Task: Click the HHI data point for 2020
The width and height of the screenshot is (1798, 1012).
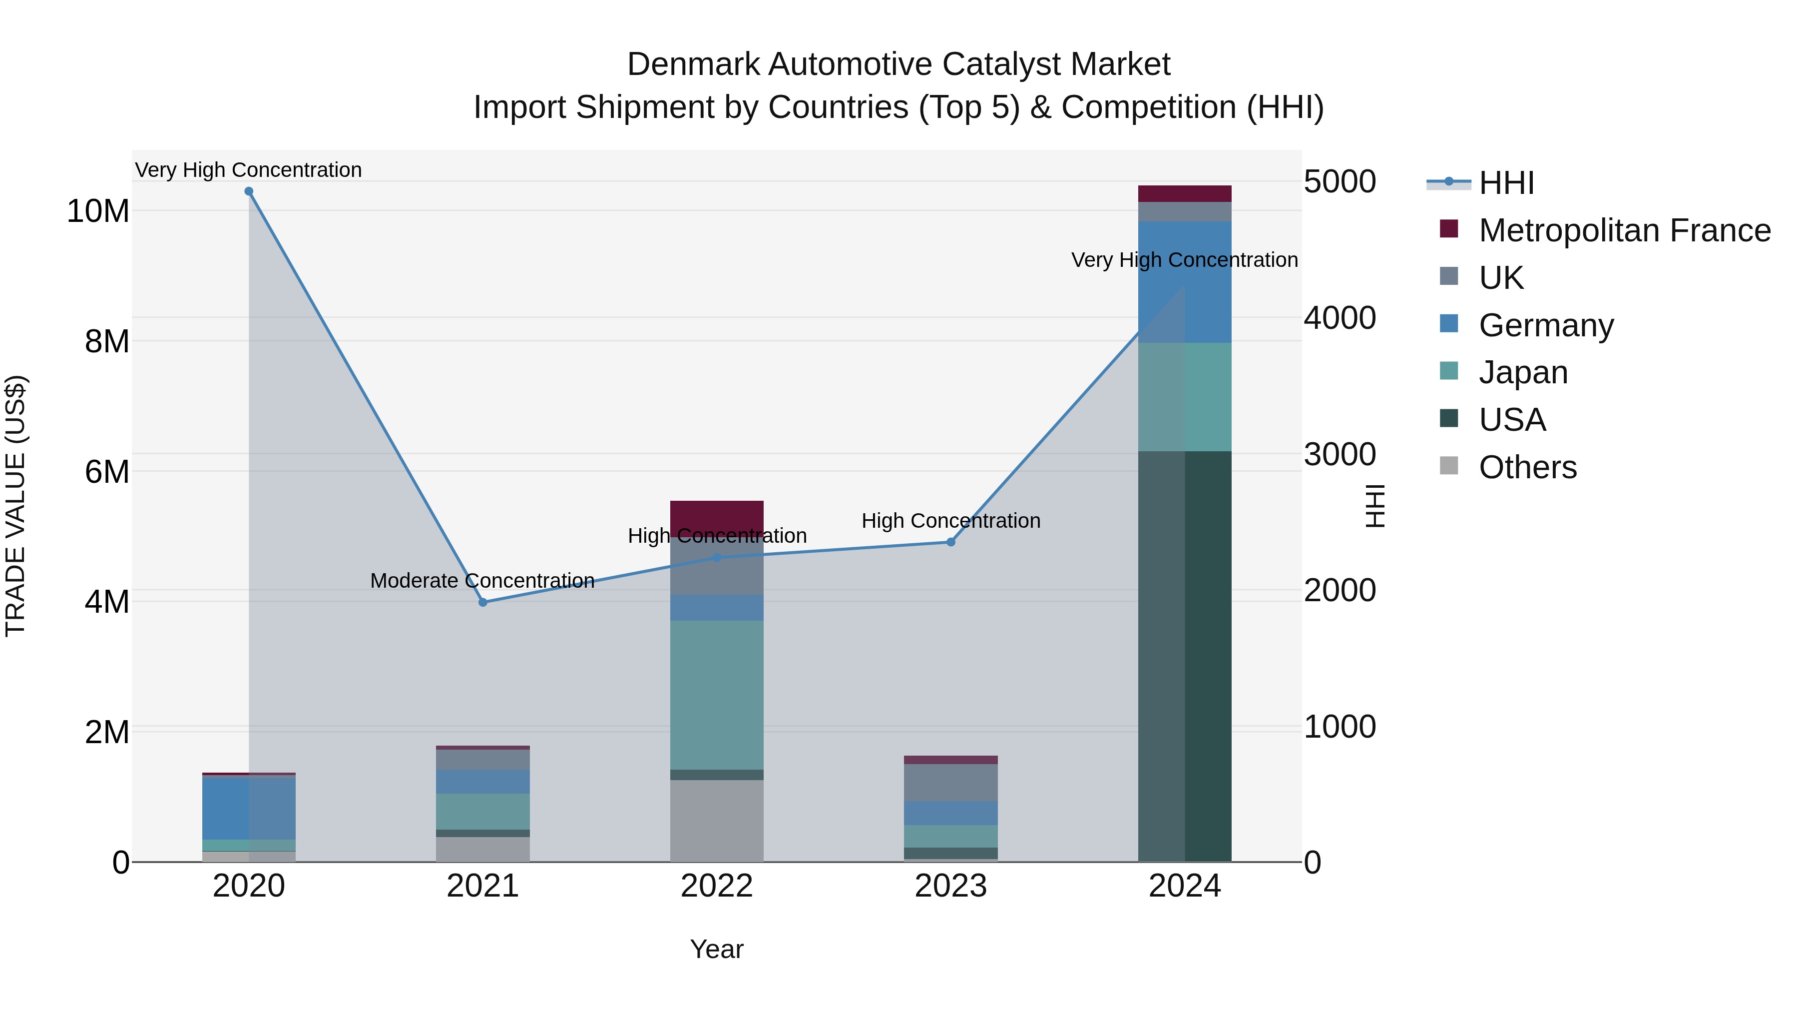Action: click(249, 191)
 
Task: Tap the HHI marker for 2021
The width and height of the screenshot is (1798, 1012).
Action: click(483, 602)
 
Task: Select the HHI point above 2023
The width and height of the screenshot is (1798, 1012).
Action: click(950, 542)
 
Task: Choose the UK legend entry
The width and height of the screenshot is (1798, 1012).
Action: click(1501, 278)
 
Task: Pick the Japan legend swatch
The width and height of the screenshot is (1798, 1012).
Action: click(1449, 371)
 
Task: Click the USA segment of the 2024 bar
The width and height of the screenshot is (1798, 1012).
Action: click(1185, 657)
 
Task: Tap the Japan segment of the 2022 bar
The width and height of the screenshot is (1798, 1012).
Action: click(717, 695)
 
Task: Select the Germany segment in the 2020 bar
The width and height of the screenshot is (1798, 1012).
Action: click(249, 808)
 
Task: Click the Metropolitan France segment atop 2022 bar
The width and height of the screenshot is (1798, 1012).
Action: click(717, 515)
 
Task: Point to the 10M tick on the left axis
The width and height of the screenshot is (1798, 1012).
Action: click(98, 211)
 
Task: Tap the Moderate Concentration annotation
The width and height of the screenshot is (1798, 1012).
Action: click(482, 580)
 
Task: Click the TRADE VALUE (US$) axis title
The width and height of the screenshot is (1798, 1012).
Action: click(15, 506)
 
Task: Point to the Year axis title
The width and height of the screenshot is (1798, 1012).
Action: click(717, 949)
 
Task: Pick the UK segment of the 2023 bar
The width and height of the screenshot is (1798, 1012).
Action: click(950, 782)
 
